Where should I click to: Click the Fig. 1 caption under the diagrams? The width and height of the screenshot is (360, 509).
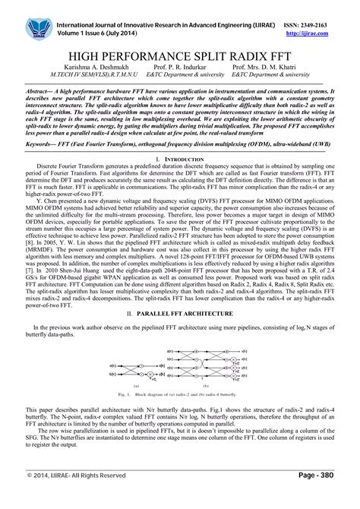point(180,396)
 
